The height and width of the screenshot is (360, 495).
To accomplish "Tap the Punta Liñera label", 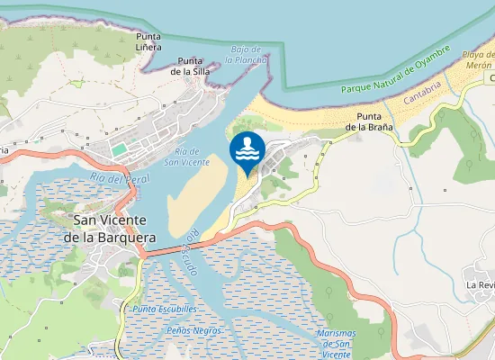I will pyautogui.click(x=148, y=41).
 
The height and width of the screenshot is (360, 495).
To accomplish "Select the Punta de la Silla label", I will pyautogui.click(x=190, y=66).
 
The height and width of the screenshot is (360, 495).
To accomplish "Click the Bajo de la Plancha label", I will pyautogui.click(x=247, y=54).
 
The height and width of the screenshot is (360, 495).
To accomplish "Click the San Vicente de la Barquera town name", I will pyautogui.click(x=114, y=228).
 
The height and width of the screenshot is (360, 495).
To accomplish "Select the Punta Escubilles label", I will pyautogui.click(x=165, y=309).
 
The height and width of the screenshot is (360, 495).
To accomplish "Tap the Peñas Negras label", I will pyautogui.click(x=193, y=330).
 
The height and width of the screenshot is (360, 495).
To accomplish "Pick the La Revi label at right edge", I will pyautogui.click(x=481, y=284).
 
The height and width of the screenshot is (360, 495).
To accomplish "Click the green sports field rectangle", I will pyautogui.click(x=119, y=148).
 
